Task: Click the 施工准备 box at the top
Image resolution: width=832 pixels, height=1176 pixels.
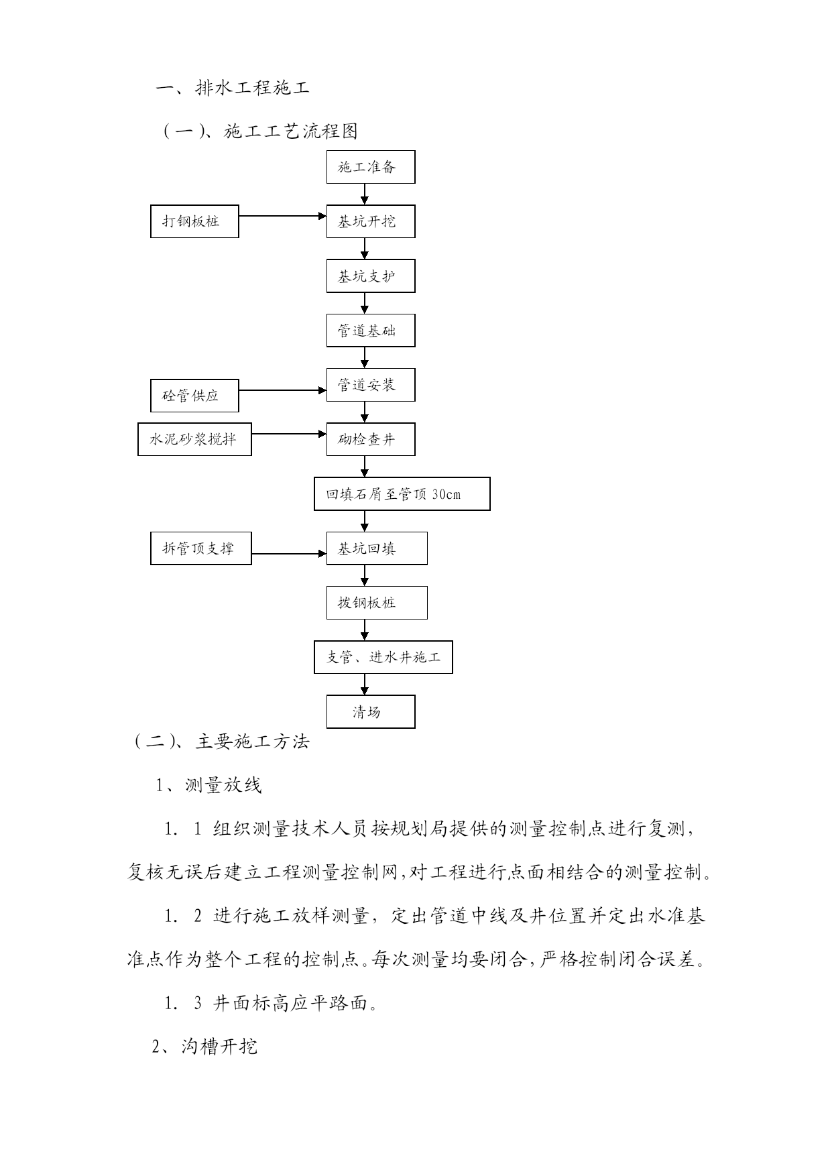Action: tap(371, 167)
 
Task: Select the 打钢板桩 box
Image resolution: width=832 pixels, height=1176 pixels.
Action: tap(194, 221)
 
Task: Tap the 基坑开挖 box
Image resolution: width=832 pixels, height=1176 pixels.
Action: tap(371, 221)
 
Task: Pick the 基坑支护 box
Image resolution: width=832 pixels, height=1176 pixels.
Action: tap(371, 276)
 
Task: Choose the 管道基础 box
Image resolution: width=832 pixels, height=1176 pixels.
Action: tap(371, 331)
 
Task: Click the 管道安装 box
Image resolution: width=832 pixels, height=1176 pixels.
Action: tap(371, 385)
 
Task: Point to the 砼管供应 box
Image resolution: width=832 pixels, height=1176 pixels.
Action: tap(194, 396)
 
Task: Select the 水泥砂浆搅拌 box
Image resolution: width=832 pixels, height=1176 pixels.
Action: tap(194, 439)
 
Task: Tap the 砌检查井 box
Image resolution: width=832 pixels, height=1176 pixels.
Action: tap(371, 440)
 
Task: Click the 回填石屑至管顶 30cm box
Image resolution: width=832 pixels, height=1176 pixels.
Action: tap(402, 494)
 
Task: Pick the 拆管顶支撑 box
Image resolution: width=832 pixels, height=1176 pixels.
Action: tap(201, 548)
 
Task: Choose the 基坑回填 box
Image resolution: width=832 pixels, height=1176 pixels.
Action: tap(377, 548)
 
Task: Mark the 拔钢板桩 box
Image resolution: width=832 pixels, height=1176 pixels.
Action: tap(377, 603)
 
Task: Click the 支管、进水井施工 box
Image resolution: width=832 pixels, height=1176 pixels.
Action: tap(383, 657)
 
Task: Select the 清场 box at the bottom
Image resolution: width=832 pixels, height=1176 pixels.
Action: tap(371, 711)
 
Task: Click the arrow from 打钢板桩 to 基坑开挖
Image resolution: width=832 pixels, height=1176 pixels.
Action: tap(283, 216)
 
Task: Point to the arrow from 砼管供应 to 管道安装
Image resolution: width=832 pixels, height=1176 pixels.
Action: tap(283, 390)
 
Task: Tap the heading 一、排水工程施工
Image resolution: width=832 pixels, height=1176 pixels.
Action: tap(233, 88)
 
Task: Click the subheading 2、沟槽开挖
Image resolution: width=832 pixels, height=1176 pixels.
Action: tap(205, 1047)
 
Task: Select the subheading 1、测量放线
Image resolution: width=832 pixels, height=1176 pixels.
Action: tap(209, 785)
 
